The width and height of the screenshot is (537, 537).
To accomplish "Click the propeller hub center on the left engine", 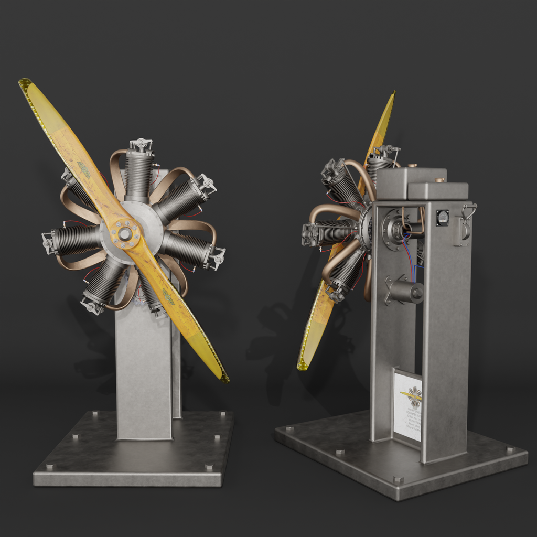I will click(x=125, y=234).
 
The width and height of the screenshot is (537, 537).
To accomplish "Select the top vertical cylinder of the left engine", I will click(x=138, y=176).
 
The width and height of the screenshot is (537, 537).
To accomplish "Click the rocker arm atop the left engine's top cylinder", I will click(x=141, y=144).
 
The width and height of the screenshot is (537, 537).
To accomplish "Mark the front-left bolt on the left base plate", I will click(x=50, y=466).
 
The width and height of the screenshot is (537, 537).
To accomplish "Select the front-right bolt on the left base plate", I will click(x=209, y=467).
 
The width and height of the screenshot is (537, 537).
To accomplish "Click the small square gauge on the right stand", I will click(x=442, y=217).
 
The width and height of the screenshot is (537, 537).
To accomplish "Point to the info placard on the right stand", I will click(x=408, y=404).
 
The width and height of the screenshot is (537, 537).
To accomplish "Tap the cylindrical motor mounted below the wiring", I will click(x=406, y=291).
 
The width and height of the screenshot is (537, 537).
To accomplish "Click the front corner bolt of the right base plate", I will click(x=398, y=479).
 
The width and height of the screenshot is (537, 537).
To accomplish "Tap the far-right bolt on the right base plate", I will click(x=510, y=449).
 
